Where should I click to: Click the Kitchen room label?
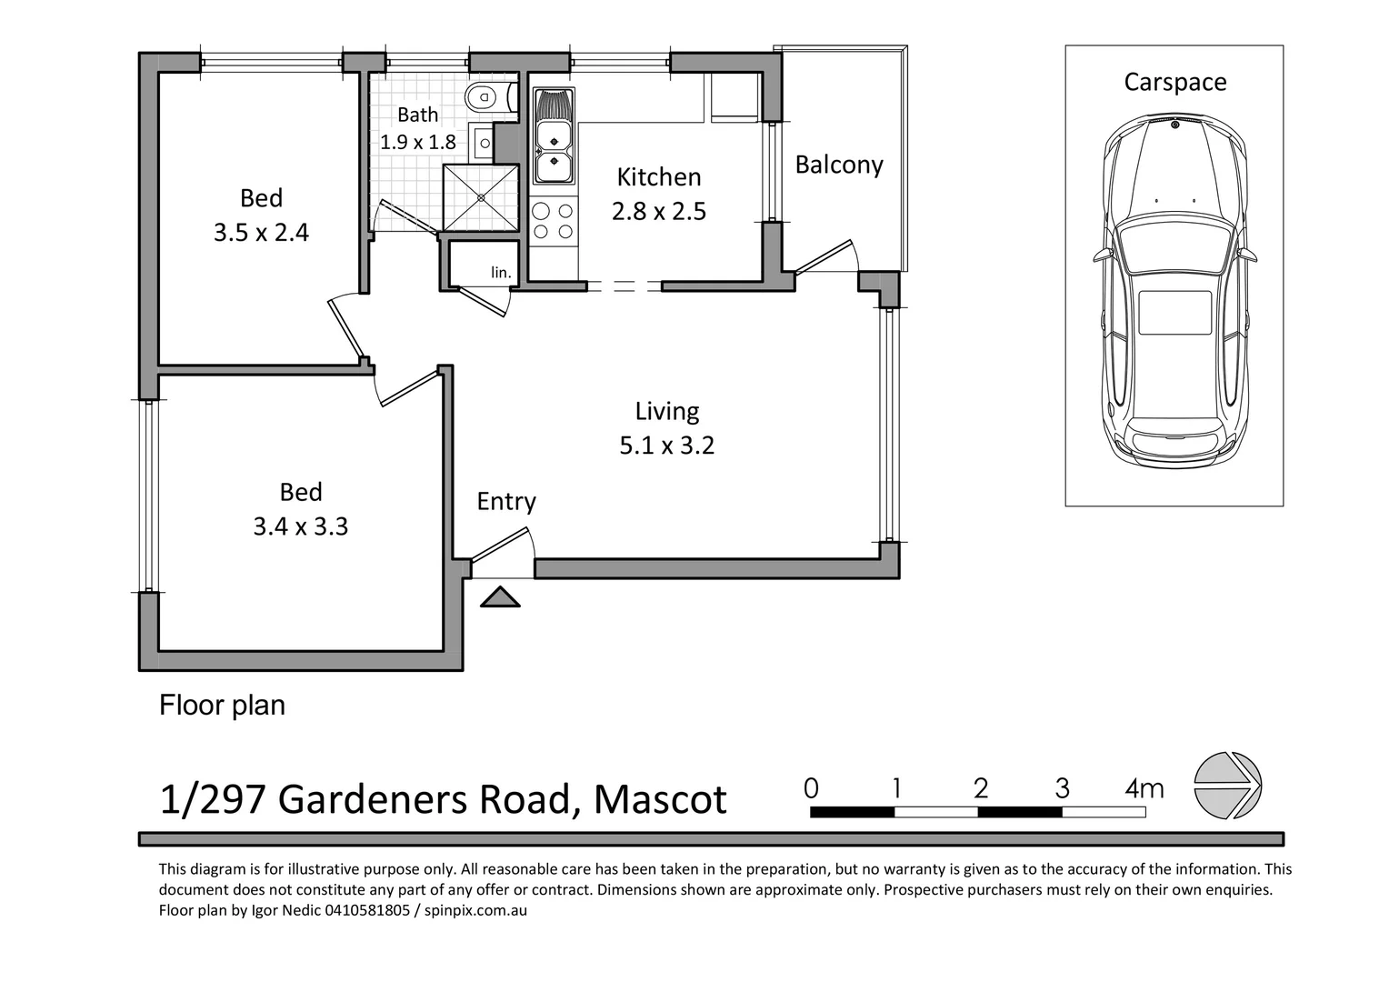[x=659, y=176]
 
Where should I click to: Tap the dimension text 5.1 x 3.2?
[x=666, y=446]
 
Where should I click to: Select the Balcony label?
[x=838, y=165]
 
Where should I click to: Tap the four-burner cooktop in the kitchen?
[x=554, y=221]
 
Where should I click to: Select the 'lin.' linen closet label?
[x=501, y=272]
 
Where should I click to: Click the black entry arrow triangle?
[x=499, y=597]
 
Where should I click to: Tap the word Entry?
[x=506, y=501]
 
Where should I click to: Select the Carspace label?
[x=1174, y=82]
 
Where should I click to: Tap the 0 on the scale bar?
[x=812, y=787]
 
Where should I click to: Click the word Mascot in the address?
[x=660, y=799]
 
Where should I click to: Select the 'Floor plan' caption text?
[x=222, y=705]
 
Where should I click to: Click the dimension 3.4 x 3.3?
[x=300, y=526]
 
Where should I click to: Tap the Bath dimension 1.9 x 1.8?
[x=417, y=142]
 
